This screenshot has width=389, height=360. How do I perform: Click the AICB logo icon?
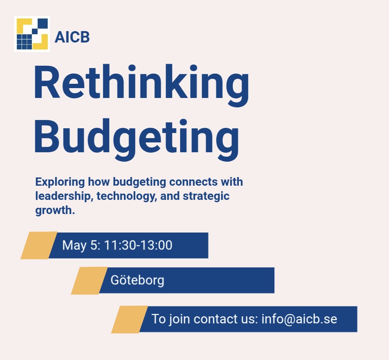point(32,34)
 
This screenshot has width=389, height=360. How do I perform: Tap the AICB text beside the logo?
point(72,37)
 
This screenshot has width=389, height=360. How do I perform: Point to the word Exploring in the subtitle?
point(60,182)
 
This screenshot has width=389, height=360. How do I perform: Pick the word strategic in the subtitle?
point(206,196)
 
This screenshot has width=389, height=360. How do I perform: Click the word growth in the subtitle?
point(55,210)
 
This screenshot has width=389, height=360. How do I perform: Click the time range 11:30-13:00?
point(138,245)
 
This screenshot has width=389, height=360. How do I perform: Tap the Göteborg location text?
point(137,280)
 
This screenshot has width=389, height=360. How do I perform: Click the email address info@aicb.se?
point(299,319)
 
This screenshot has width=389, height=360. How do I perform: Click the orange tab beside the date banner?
point(39,246)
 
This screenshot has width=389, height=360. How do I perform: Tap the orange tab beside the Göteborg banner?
point(89,281)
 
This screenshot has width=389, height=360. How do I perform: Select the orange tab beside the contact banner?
point(129,319)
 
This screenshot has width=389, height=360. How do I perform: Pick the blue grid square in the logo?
point(24,42)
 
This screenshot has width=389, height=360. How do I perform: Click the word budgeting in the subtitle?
point(139,182)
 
